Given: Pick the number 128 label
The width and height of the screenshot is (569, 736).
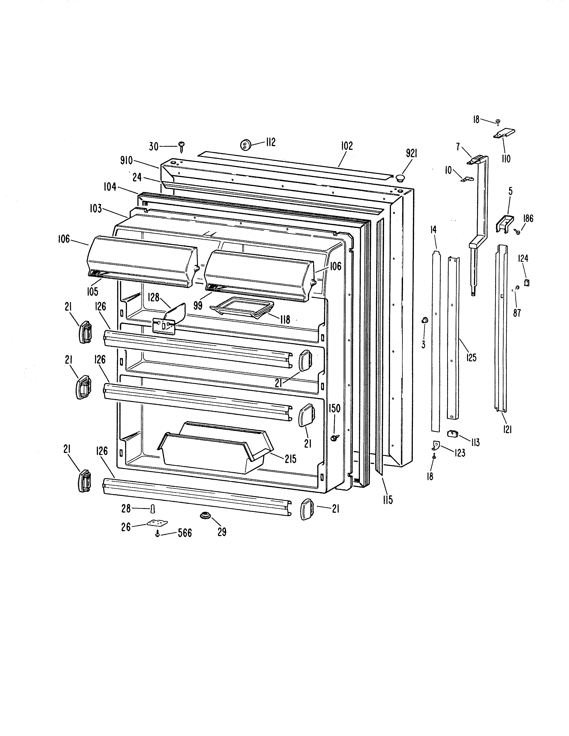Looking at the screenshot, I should tap(154, 298).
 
